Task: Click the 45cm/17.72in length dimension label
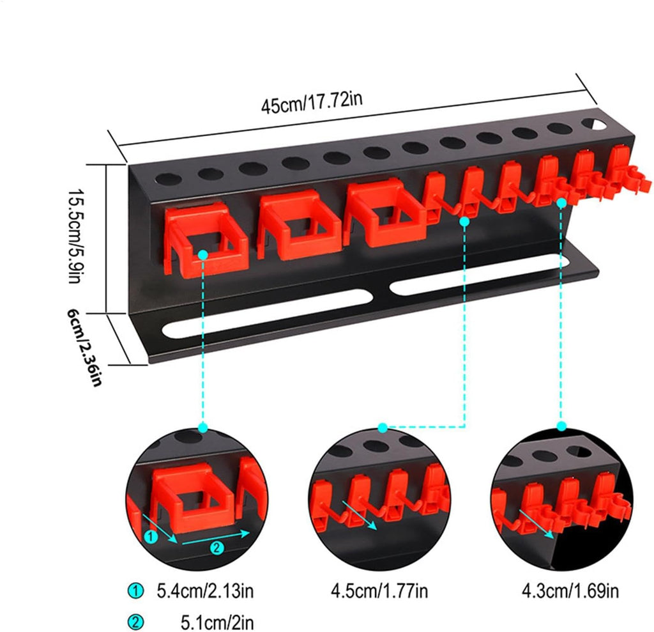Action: pos(312,102)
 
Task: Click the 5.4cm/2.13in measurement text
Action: pos(205,591)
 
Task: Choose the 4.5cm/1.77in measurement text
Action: pos(379,591)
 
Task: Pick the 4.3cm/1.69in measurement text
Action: pos(570,591)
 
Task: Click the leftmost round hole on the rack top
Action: pos(168,180)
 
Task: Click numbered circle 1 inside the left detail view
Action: pos(151,537)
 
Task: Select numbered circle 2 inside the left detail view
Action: pos(217,548)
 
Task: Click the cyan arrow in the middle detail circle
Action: pos(359,515)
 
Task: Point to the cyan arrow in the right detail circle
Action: pos(536,523)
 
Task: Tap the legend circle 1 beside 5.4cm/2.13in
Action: pos(135,591)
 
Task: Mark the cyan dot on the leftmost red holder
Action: pos(202,254)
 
